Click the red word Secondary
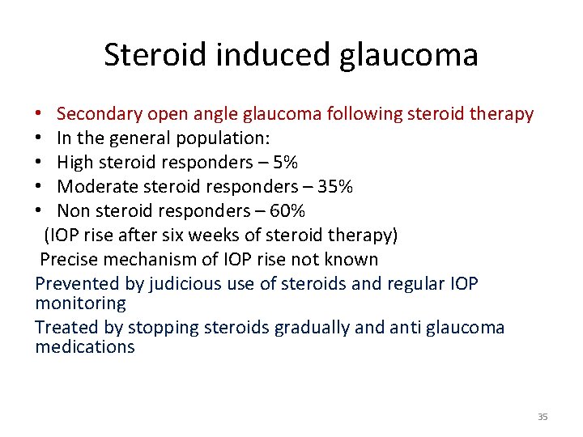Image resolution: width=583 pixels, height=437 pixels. tap(96, 114)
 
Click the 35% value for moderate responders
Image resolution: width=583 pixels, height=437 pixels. tap(336, 187)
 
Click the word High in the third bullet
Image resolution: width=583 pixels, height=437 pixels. tap(74, 163)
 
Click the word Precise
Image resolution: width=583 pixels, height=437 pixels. tap(69, 260)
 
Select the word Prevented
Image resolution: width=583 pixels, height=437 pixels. tap(73, 284)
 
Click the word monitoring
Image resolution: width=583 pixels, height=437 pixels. tap(81, 303)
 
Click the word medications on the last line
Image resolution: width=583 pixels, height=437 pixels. tap(85, 347)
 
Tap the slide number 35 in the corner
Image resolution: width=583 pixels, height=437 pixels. tap(542, 417)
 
